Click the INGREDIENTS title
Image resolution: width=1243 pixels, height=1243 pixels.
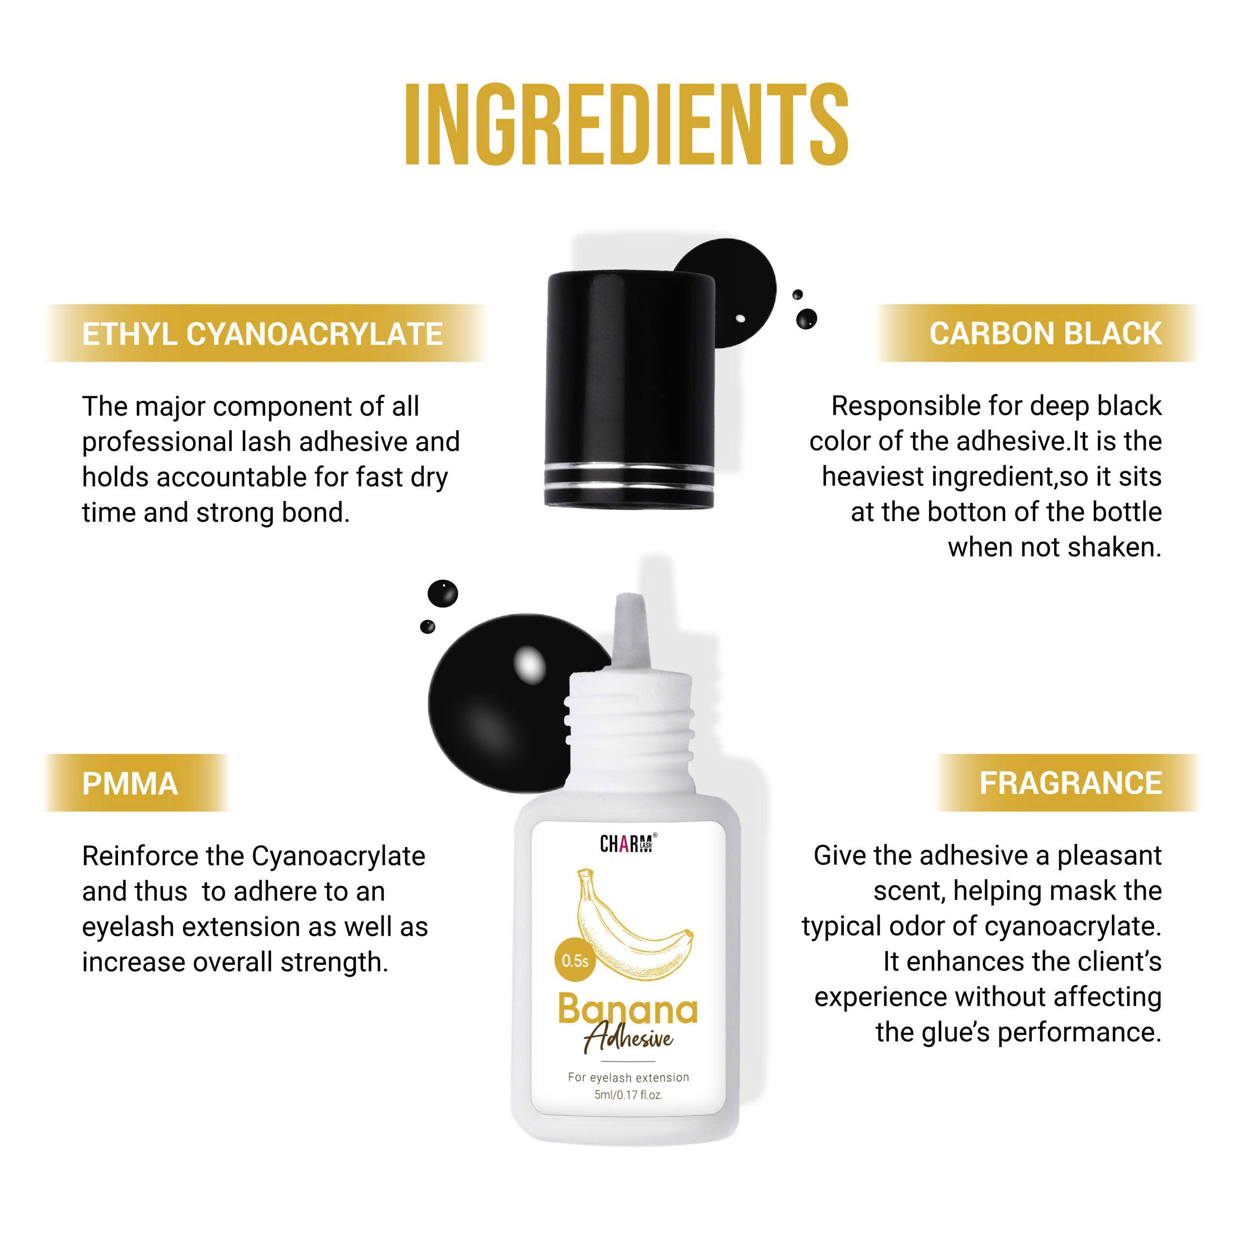click(x=627, y=124)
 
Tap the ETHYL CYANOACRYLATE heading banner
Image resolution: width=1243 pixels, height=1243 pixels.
click(x=265, y=333)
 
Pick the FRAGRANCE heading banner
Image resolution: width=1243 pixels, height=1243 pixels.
click(x=1068, y=783)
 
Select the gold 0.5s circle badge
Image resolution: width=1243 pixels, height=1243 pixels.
click(x=574, y=961)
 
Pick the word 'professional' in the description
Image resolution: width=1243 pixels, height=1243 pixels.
click(x=157, y=443)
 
